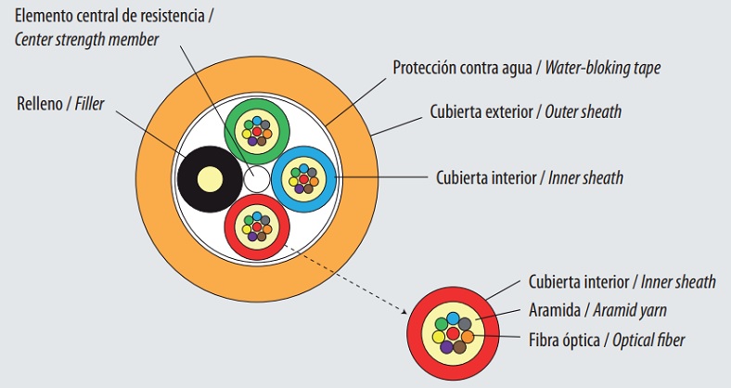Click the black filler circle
click(196, 176)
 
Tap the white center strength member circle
click(256, 176)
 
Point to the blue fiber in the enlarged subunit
click(454, 317)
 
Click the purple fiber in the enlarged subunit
click(446, 346)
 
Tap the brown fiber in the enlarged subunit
click(461, 346)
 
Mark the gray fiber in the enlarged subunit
click(466, 323)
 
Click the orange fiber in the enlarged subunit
click(468, 336)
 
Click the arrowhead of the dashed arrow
click(407, 311)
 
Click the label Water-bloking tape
click(603, 67)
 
